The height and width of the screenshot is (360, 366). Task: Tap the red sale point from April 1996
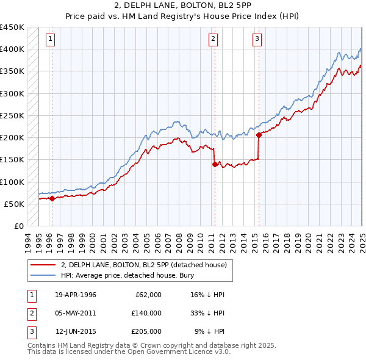(x=52, y=198)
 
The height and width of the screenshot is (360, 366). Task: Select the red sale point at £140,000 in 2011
(x=215, y=164)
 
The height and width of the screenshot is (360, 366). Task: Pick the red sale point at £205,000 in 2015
(x=259, y=135)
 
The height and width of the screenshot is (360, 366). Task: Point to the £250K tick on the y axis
(x=12, y=115)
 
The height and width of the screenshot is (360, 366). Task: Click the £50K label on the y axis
(x=15, y=204)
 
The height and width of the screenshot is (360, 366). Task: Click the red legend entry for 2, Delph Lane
(x=144, y=265)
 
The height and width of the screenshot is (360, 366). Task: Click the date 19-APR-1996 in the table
(x=76, y=295)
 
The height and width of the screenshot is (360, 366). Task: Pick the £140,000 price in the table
(x=146, y=313)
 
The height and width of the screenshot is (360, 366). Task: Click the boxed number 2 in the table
(x=30, y=313)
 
